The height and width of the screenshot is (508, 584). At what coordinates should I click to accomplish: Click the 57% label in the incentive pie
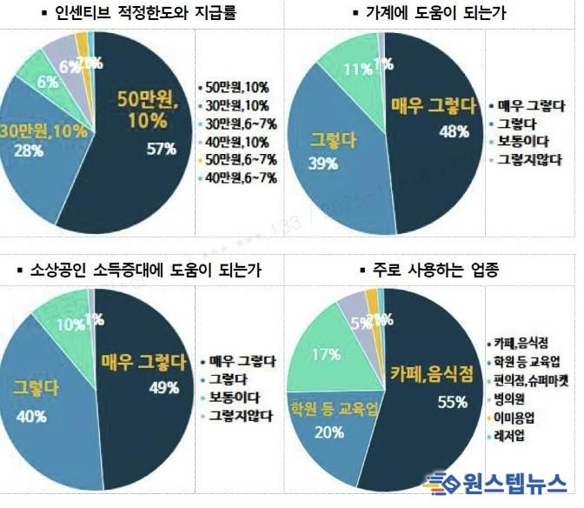pyautogui.click(x=162, y=149)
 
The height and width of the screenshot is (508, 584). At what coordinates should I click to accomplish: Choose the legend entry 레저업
pyautogui.click(x=510, y=436)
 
